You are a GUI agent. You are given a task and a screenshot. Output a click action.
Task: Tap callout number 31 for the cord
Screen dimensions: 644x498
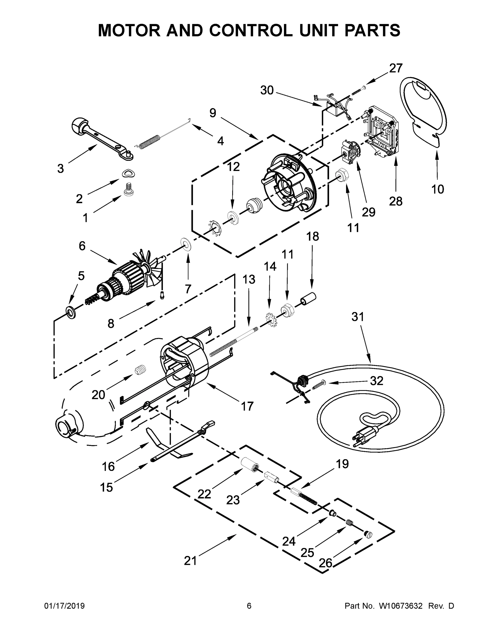[x=358, y=317]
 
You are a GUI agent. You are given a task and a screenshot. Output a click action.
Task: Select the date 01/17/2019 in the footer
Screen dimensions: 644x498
[x=64, y=606]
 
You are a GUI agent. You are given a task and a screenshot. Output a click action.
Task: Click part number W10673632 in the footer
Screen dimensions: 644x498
[x=400, y=606]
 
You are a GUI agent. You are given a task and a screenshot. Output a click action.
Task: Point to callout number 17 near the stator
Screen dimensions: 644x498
[x=247, y=406]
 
